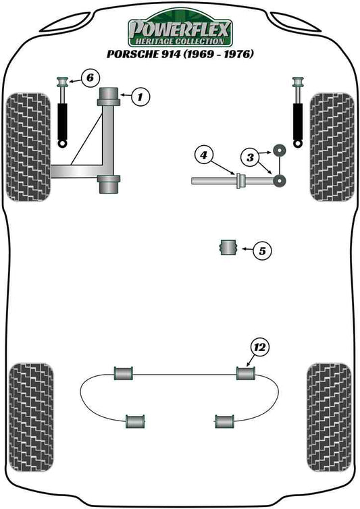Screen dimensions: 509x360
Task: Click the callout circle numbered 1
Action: pyautogui.click(x=140, y=98)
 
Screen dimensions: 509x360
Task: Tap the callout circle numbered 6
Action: pyautogui.click(x=89, y=78)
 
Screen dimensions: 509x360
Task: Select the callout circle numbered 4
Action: pyautogui.click(x=202, y=155)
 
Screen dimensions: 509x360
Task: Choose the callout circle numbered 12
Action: pyautogui.click(x=259, y=348)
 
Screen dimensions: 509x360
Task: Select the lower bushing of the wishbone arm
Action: pyautogui.click(x=110, y=182)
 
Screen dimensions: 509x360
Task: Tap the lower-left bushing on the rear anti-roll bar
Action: pyautogui.click(x=136, y=421)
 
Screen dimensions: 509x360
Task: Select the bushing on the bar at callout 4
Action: pyautogui.click(x=237, y=181)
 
